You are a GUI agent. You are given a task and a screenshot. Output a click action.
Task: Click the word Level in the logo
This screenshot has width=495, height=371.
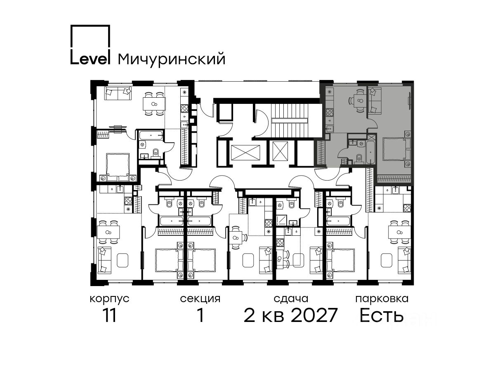pos(90,59)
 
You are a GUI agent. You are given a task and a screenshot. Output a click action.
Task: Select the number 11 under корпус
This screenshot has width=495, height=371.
pos(109,315)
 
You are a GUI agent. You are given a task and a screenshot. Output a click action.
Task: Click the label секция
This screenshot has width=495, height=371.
pos(200,299)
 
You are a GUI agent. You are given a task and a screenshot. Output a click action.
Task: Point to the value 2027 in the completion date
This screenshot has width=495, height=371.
pos(314,315)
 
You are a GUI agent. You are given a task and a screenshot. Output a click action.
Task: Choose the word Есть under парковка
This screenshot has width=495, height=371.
pos(382,315)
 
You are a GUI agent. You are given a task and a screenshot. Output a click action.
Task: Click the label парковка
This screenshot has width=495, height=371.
pos(382,299)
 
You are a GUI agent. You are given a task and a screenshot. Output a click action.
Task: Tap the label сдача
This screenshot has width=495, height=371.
pos(291,299)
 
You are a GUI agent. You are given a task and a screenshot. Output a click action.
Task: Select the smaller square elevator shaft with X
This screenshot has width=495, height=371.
pos(280,151)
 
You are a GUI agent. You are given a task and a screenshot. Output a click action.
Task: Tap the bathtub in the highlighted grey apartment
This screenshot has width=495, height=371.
pos(371,152)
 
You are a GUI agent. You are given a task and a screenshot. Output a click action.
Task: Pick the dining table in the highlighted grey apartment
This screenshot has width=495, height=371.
pos(358,100)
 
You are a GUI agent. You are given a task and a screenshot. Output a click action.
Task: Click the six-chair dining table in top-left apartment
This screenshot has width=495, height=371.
pos(154,103)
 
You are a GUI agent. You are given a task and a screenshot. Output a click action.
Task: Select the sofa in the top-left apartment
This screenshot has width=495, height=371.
pos(118,93)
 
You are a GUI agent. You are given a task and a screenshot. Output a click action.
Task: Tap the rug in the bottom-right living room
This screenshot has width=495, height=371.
pos(387,260)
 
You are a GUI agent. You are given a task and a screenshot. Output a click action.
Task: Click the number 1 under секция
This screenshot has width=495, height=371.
pos(200,315)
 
